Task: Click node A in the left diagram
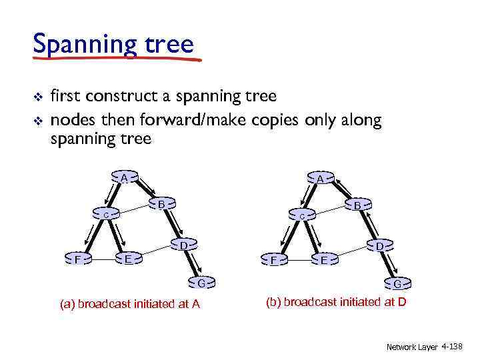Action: tap(124, 178)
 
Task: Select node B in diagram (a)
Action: tap(161, 203)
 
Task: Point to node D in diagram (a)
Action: tap(183, 245)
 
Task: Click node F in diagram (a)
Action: tap(79, 259)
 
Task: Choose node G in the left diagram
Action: tap(201, 283)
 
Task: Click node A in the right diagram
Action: tap(321, 179)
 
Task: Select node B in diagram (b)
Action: tap(357, 206)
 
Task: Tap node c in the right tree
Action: tap(302, 217)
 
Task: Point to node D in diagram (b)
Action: tap(379, 247)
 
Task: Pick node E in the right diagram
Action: tap(324, 259)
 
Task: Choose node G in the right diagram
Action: tap(397, 285)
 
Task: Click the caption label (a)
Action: tap(67, 305)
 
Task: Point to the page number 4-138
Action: tap(451, 347)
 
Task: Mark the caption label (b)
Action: tap(273, 302)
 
